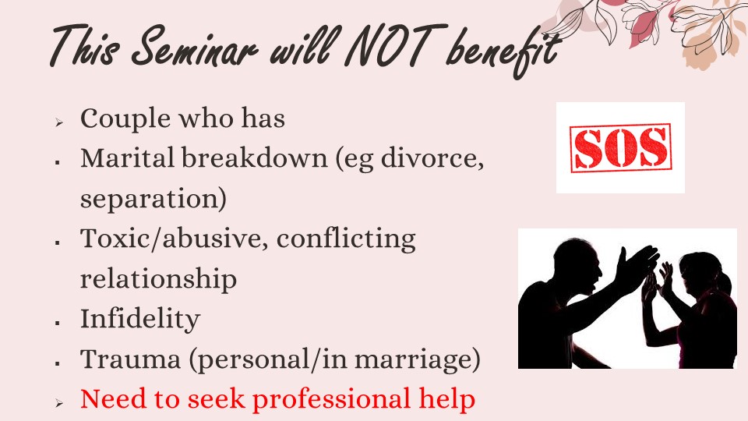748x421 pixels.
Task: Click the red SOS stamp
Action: [621, 147]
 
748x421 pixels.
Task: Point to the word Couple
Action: [125, 119]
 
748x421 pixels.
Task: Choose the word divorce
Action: [432, 158]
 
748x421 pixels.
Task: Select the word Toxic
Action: [114, 238]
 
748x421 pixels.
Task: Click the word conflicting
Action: [346, 239]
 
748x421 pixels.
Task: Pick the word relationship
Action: [158, 279]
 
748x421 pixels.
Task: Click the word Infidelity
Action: [140, 320]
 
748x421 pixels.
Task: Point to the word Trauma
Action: [130, 359]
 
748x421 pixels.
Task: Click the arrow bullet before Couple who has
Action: [58, 122]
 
